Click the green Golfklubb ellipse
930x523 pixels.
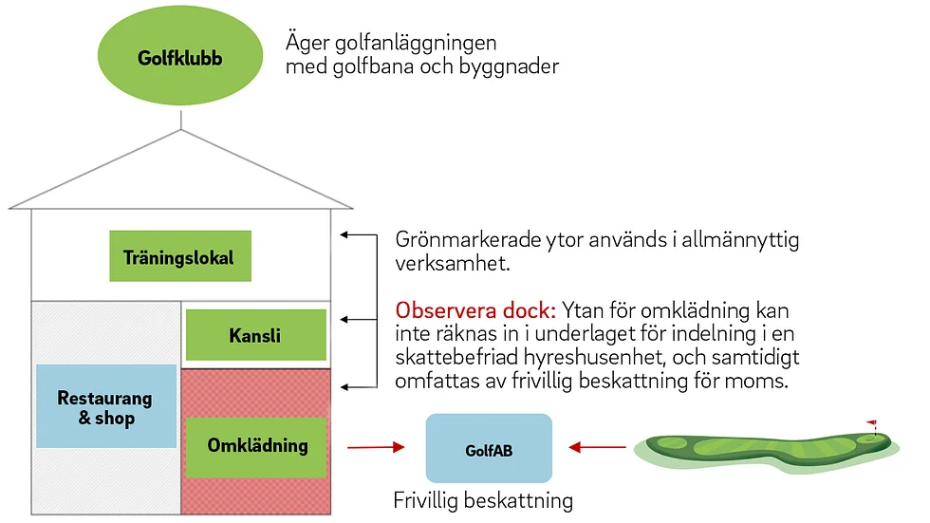(180, 56)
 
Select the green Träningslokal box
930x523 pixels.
(180, 256)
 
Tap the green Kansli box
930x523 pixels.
(256, 335)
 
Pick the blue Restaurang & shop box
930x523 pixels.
(106, 406)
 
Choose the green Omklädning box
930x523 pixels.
(256, 448)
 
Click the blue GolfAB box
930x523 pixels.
(489, 448)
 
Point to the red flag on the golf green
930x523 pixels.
(872, 424)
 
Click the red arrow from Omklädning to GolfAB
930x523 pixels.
(376, 447)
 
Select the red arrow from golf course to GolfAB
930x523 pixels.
(597, 447)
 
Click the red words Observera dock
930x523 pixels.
(475, 310)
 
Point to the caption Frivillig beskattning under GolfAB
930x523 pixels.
(483, 500)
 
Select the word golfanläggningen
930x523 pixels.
(416, 44)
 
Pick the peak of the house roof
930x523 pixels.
(181, 130)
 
